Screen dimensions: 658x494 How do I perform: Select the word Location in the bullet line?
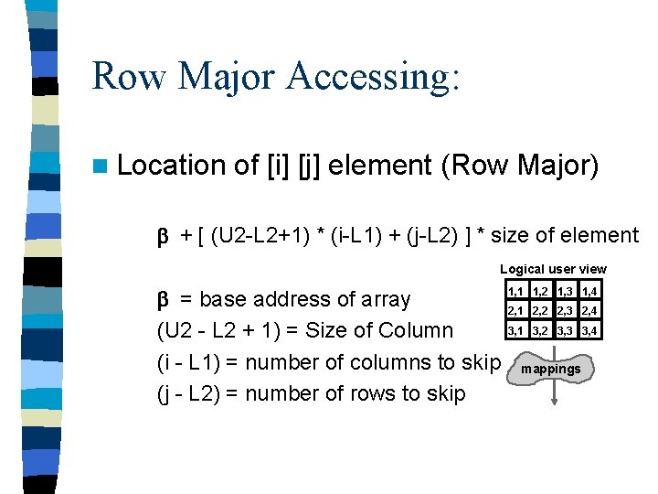173,166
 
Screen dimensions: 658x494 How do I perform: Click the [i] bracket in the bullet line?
277,166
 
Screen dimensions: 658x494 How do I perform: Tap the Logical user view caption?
553,269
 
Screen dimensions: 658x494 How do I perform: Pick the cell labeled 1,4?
589,291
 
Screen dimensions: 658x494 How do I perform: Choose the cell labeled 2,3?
565,311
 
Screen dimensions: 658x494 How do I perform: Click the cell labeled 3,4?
589,331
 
